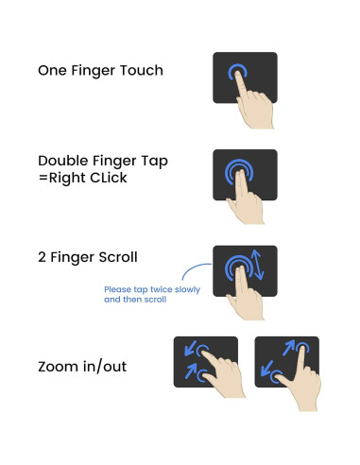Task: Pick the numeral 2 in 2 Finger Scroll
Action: (43, 258)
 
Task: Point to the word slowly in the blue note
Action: (190, 289)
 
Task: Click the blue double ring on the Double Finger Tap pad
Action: (238, 172)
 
